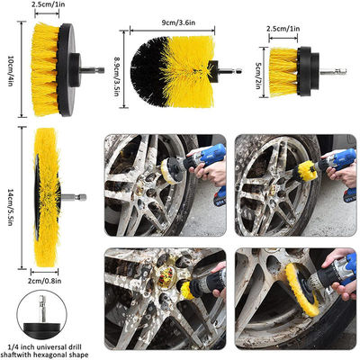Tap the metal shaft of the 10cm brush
(x=93, y=70)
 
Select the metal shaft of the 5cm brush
(x=333, y=71)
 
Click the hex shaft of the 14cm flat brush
(x=74, y=197)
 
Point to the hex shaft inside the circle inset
(x=41, y=308)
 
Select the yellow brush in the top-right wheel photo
(x=304, y=171)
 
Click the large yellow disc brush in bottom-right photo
(x=301, y=289)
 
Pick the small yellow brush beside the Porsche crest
(x=187, y=289)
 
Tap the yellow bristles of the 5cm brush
(x=283, y=72)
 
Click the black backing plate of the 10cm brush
(x=67, y=70)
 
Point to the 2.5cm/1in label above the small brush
(x=283, y=29)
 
